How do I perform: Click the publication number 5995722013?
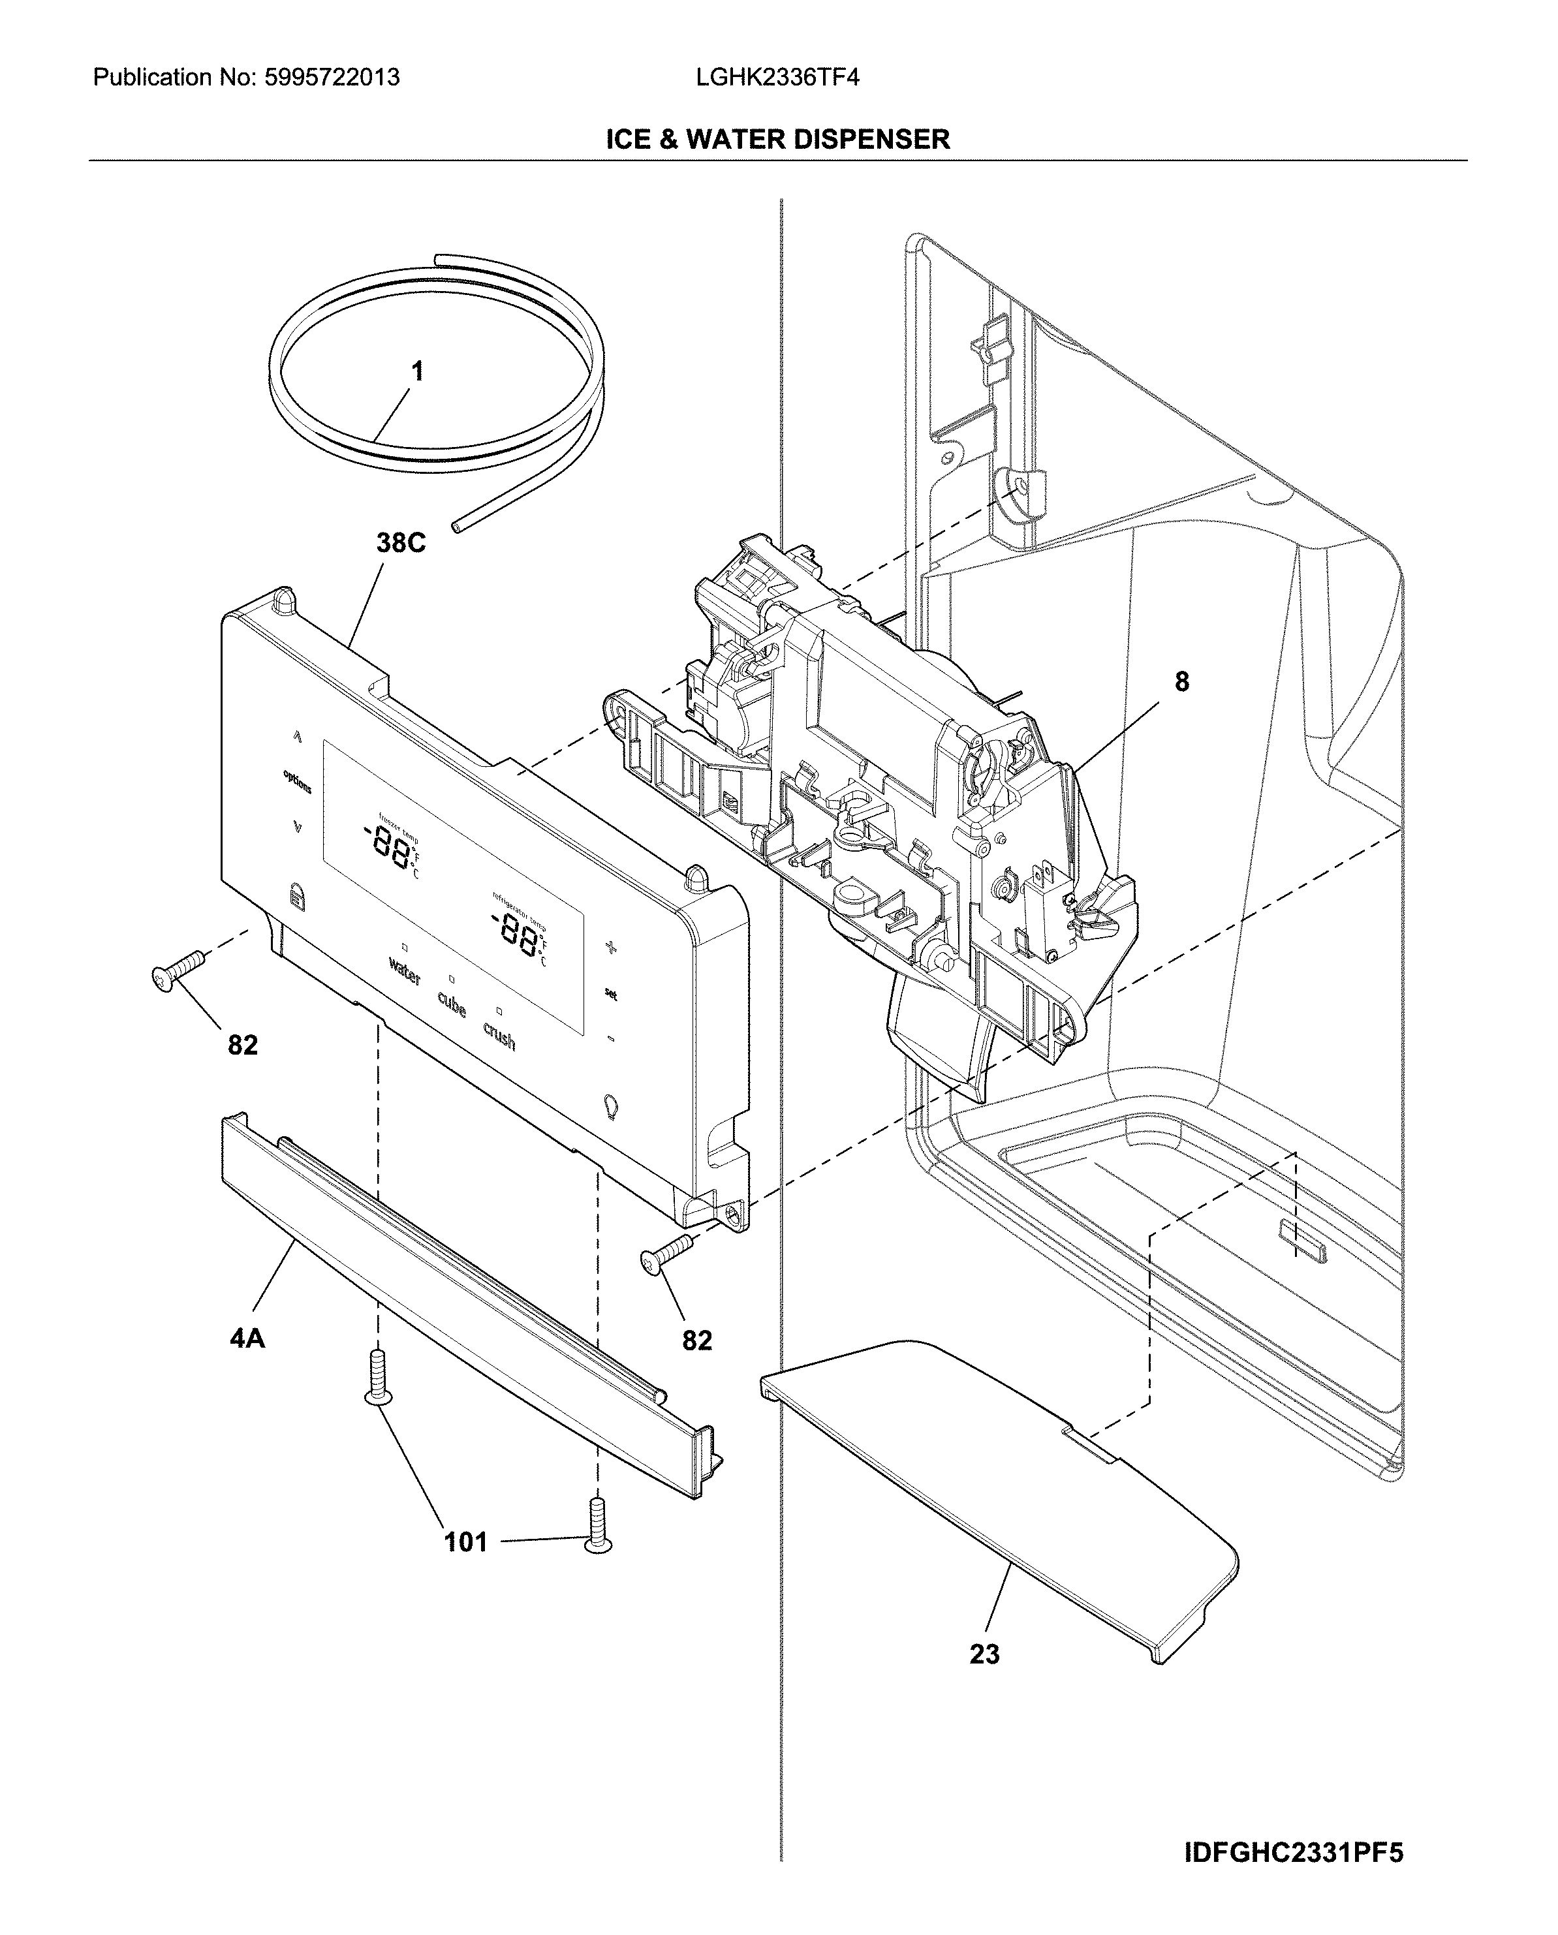pyautogui.click(x=332, y=78)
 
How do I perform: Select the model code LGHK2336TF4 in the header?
pyautogui.click(x=777, y=78)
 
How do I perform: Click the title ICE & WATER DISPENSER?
pyautogui.click(x=777, y=139)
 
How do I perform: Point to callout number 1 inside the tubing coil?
pyautogui.click(x=417, y=371)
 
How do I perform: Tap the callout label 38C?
pyautogui.click(x=400, y=543)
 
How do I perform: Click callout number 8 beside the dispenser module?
pyautogui.click(x=1181, y=682)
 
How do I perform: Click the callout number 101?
pyautogui.click(x=466, y=1542)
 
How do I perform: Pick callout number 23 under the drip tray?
pyautogui.click(x=984, y=1653)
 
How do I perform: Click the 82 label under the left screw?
pyautogui.click(x=242, y=1045)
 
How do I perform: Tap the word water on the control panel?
pyautogui.click(x=404, y=971)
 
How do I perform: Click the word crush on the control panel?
pyautogui.click(x=499, y=1036)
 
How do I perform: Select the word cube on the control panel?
pyautogui.click(x=452, y=1004)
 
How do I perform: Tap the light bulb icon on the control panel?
pyautogui.click(x=611, y=1106)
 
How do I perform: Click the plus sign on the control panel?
pyautogui.click(x=611, y=947)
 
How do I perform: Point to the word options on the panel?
pyautogui.click(x=297, y=781)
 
